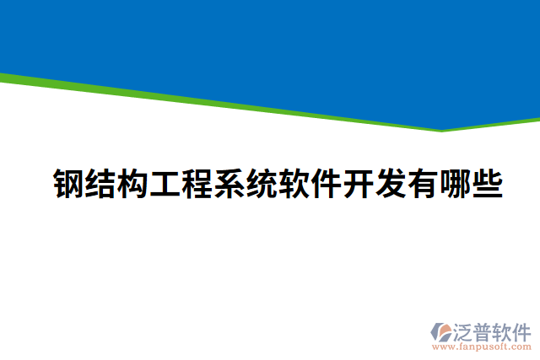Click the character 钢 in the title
pyautogui.click(x=68, y=184)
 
